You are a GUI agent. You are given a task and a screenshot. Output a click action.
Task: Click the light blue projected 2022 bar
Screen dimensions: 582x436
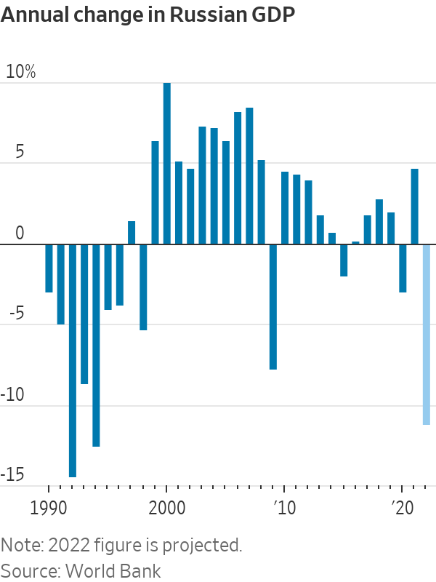tap(427, 335)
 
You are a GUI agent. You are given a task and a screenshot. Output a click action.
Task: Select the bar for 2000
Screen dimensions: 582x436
tap(167, 164)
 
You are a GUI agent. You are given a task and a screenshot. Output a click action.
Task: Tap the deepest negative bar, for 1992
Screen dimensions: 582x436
tap(73, 360)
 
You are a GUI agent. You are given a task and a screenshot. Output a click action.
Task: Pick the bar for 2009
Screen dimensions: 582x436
tap(273, 307)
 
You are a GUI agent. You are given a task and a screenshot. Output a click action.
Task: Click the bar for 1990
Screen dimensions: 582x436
tap(49, 268)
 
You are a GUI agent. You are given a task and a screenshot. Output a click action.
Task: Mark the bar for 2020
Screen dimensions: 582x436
tap(403, 268)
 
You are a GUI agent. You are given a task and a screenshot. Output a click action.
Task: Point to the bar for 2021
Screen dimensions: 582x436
tap(414, 207)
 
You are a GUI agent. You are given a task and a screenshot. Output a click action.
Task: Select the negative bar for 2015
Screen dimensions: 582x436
tap(344, 260)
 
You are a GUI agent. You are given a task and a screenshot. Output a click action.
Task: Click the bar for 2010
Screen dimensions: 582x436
tap(285, 208)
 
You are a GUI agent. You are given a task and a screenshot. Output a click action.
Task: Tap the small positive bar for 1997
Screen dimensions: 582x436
tap(132, 233)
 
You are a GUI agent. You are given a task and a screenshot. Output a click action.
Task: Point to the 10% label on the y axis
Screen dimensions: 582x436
tap(20, 73)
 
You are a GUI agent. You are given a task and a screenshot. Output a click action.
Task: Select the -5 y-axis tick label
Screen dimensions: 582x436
tap(15, 314)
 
